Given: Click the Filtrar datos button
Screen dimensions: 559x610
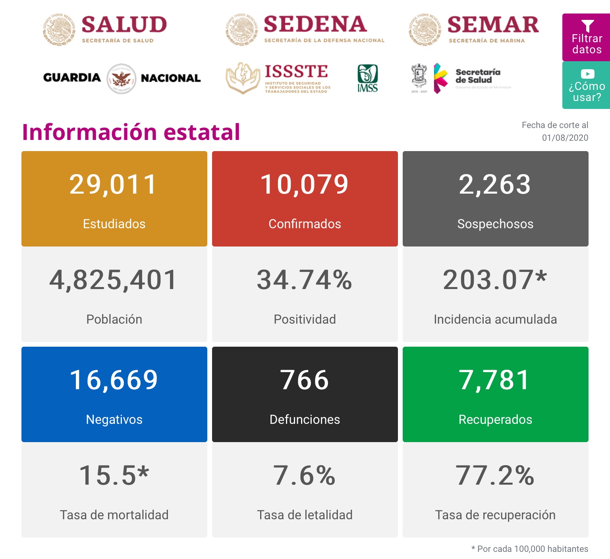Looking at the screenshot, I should [586, 37].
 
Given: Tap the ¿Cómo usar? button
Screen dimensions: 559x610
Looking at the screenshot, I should [586, 85].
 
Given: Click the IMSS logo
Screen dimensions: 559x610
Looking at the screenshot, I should [367, 78].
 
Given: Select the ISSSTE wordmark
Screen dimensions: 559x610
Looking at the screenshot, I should [296, 72].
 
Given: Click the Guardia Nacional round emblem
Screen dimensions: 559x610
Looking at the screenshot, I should [122, 78].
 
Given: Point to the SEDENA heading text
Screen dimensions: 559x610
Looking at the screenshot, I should [315, 25].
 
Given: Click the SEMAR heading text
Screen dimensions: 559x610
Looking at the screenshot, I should [493, 25].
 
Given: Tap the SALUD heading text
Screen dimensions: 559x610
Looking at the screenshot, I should [124, 25].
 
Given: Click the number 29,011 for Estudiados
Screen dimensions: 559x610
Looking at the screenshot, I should [114, 185].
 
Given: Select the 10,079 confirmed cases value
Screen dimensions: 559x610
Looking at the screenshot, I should [305, 185].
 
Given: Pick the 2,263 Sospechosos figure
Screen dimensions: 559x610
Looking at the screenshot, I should [495, 185].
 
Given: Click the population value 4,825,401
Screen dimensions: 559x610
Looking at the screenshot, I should [114, 280].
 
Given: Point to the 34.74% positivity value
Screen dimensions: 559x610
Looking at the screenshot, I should [305, 280].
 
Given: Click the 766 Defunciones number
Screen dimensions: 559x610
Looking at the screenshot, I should [305, 380].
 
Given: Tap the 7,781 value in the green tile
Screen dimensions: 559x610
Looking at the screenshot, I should [495, 380].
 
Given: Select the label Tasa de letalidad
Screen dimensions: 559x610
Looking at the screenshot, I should [305, 515].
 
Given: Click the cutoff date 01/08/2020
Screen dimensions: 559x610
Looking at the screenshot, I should [565, 138].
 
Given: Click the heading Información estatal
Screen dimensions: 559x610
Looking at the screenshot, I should [131, 132].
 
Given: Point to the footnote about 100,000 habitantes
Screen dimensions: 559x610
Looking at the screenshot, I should [530, 549].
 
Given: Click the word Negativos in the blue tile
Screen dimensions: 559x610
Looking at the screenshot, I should [114, 419].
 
